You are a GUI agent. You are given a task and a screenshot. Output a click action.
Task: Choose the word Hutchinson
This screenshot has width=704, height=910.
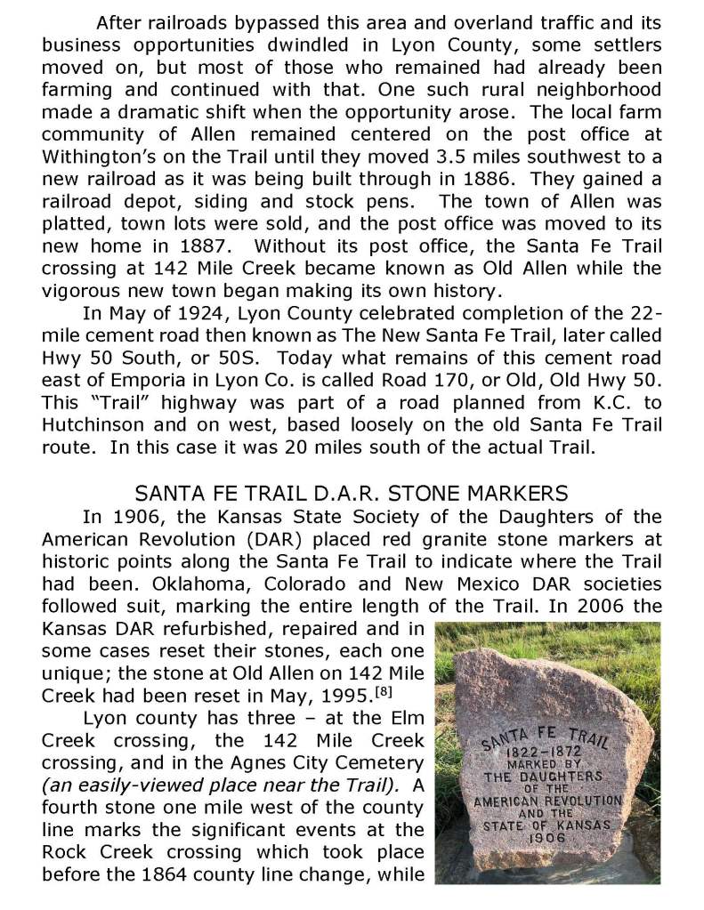pos(100,424)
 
